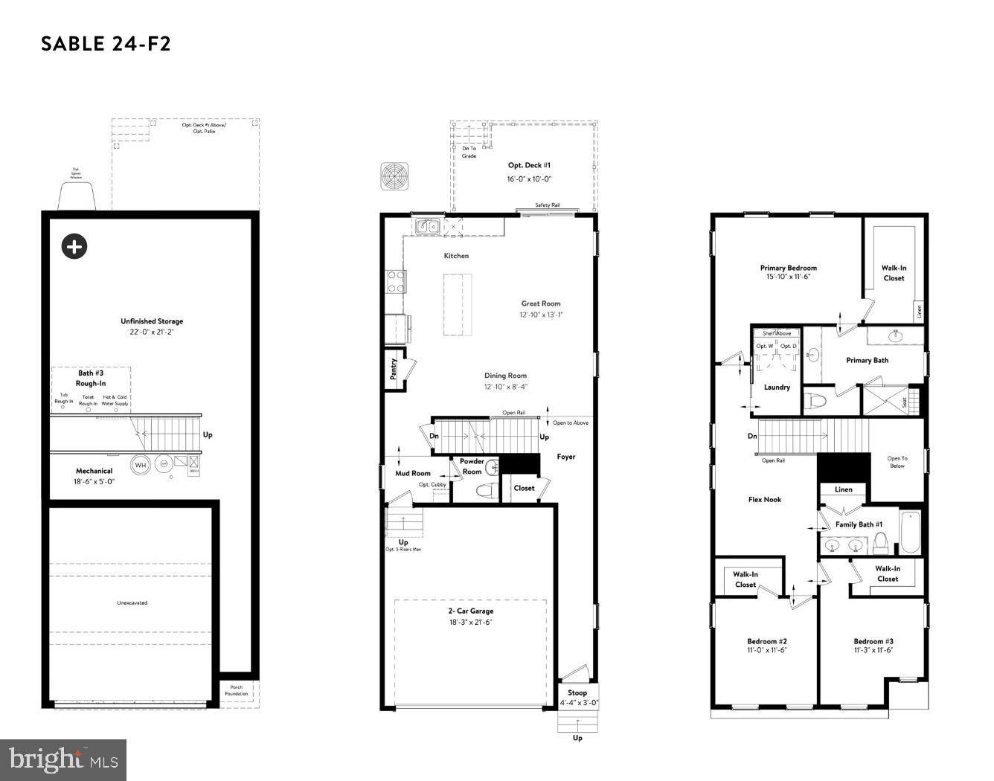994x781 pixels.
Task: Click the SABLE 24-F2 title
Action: pos(106,44)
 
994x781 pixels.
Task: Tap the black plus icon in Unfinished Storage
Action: pos(74,246)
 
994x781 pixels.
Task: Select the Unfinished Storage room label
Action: pos(152,321)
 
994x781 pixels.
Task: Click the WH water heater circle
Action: pos(140,465)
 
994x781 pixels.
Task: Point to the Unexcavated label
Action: pos(132,603)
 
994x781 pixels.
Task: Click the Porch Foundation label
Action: pos(237,690)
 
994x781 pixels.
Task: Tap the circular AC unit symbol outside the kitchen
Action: pos(394,177)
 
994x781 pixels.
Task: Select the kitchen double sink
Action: pos(427,226)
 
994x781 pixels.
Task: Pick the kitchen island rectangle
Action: pos(458,304)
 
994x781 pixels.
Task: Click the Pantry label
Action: pos(394,369)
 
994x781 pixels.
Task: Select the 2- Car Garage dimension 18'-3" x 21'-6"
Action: pos(470,623)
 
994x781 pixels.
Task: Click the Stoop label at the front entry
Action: pos(577,692)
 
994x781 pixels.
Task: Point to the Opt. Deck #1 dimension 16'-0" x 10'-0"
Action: pos(529,179)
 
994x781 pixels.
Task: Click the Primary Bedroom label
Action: pos(788,268)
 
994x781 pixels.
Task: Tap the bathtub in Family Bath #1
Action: pos(910,531)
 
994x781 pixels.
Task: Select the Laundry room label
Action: pos(777,388)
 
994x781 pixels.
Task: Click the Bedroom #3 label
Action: pos(873,641)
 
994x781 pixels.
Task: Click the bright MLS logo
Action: pos(63,760)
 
